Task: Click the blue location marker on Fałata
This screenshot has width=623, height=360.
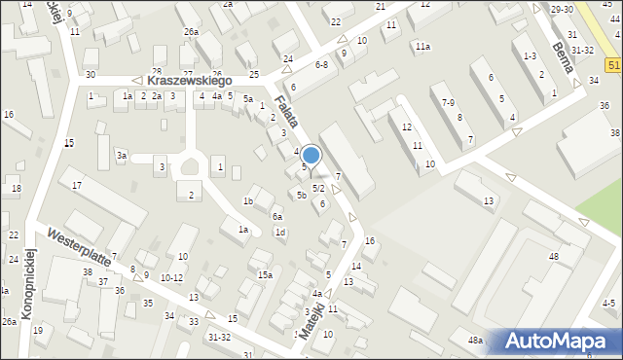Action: click(311, 154)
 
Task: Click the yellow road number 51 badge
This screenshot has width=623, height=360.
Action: click(613, 65)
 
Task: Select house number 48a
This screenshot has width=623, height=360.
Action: click(475, 341)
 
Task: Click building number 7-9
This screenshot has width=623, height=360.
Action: click(448, 102)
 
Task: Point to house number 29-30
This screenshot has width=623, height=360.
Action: click(562, 9)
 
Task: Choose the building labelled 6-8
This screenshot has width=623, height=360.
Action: click(321, 64)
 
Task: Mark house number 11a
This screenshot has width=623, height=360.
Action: click(422, 47)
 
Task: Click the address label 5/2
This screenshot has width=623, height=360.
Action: click(318, 188)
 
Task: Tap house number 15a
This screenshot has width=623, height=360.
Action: click(265, 275)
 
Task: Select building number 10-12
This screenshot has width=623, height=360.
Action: click(171, 278)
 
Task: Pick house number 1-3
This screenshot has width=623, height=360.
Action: click(530, 56)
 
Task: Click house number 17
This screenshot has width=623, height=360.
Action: click(77, 185)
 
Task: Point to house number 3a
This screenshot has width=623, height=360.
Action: click(122, 156)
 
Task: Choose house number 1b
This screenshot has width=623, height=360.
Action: click(248, 201)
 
